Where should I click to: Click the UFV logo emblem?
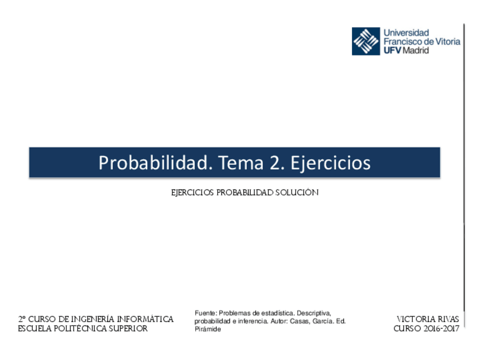pyautogui.click(x=366, y=41)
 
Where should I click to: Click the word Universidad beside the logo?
pyautogui.click(x=406, y=33)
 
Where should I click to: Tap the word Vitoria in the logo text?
pyautogui.click(x=447, y=41)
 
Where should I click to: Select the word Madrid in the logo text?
pyautogui.click(x=416, y=50)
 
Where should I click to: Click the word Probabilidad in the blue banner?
pyautogui.click(x=153, y=162)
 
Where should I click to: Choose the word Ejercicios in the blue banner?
pyautogui.click(x=331, y=162)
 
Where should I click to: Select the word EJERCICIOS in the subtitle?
pyautogui.click(x=192, y=192)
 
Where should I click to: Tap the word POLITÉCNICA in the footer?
pyautogui.click(x=80, y=328)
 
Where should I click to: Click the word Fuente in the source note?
pyautogui.click(x=205, y=313)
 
